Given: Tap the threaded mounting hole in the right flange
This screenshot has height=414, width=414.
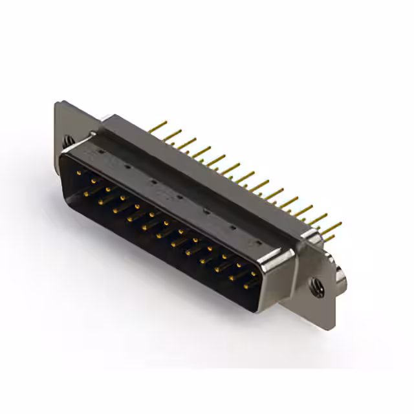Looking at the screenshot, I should click(x=316, y=285).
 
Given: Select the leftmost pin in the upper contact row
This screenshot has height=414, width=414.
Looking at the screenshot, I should click(x=78, y=173).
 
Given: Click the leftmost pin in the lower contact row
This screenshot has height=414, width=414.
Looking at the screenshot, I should click(x=86, y=192).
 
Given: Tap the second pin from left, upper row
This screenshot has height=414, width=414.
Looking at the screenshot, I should click(x=93, y=181).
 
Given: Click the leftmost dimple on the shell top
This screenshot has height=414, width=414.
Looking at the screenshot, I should click(x=100, y=152).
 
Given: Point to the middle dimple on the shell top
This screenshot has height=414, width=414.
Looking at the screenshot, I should click(x=178, y=196).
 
